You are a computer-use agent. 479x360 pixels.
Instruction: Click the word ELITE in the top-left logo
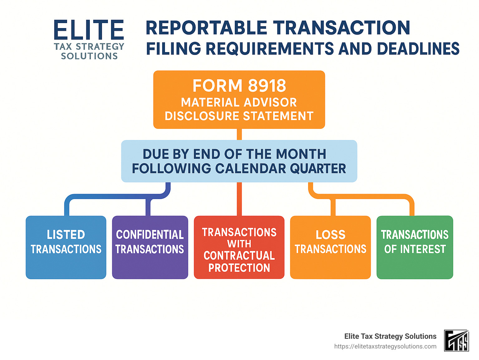click(x=89, y=30)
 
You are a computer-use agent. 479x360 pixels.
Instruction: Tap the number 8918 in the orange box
click(x=267, y=86)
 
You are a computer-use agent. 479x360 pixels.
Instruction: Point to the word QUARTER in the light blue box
click(x=318, y=169)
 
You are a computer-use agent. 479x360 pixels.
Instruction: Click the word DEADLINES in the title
click(x=418, y=49)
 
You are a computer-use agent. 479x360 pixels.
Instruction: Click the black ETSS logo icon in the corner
click(x=457, y=341)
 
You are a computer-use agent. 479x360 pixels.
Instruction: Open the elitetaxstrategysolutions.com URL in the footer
click(x=385, y=346)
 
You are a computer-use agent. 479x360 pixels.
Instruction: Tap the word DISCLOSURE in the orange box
click(x=202, y=116)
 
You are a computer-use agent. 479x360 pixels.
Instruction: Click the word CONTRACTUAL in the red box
click(x=239, y=255)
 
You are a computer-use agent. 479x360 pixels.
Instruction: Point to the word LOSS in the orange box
click(x=331, y=235)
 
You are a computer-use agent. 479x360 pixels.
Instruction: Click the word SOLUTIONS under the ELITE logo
click(x=89, y=56)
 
